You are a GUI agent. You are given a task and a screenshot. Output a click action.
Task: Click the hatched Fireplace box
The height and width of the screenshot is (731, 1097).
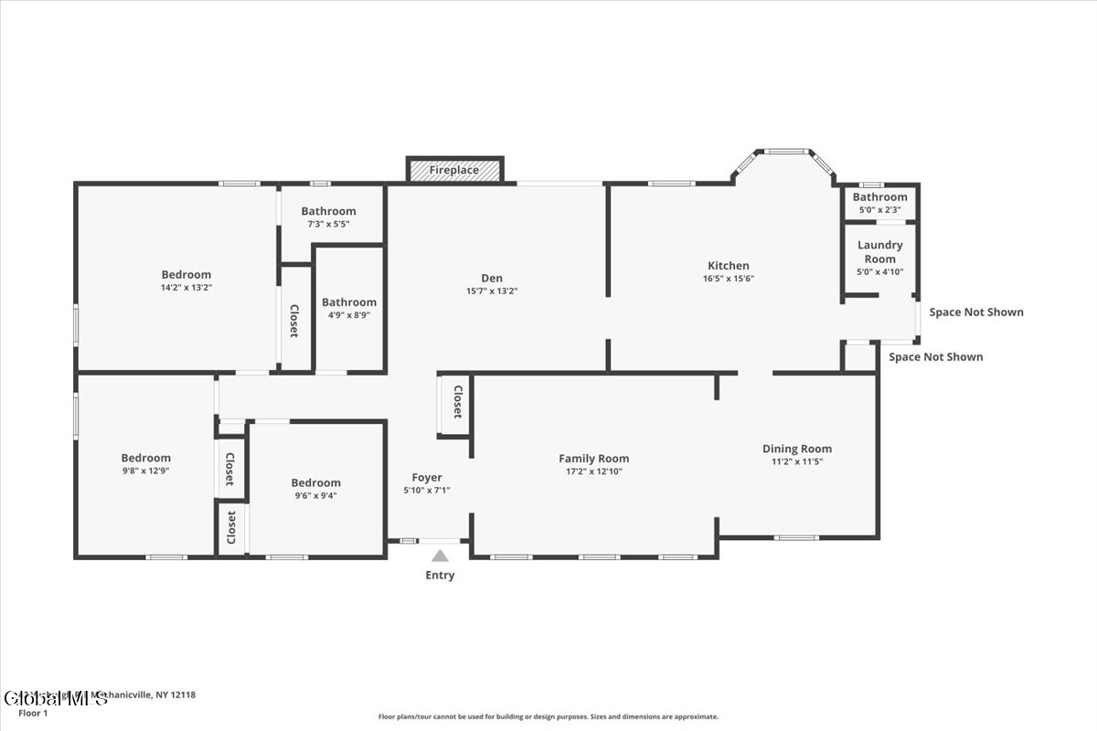coord(455,170)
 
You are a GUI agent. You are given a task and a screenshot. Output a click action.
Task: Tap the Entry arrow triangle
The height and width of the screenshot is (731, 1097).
coord(440,556)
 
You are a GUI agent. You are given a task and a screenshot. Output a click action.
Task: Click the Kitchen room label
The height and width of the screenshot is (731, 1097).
coord(728,266)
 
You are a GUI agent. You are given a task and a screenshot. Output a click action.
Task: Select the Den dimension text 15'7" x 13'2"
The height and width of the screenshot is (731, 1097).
coord(492,291)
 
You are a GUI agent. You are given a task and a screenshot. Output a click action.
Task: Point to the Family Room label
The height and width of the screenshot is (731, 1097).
coord(594,459)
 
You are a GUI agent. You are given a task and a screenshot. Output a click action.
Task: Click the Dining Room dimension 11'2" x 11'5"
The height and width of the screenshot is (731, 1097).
coord(797,462)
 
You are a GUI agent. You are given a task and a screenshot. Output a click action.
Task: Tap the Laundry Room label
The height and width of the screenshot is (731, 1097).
coord(879,251)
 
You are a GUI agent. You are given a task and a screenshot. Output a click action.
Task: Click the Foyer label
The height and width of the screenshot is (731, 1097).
coord(427,477)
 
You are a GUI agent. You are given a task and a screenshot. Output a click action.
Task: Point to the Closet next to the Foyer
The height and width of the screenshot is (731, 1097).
coord(457,402)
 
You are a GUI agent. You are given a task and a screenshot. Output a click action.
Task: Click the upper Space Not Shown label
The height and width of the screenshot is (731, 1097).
coord(976,313)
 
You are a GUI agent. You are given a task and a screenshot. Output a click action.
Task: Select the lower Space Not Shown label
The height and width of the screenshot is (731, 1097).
coord(936,357)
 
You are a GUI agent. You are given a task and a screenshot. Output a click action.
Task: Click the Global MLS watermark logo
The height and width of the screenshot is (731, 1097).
coord(55,699)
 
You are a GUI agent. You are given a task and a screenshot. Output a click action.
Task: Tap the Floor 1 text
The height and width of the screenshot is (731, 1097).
coord(33,713)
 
